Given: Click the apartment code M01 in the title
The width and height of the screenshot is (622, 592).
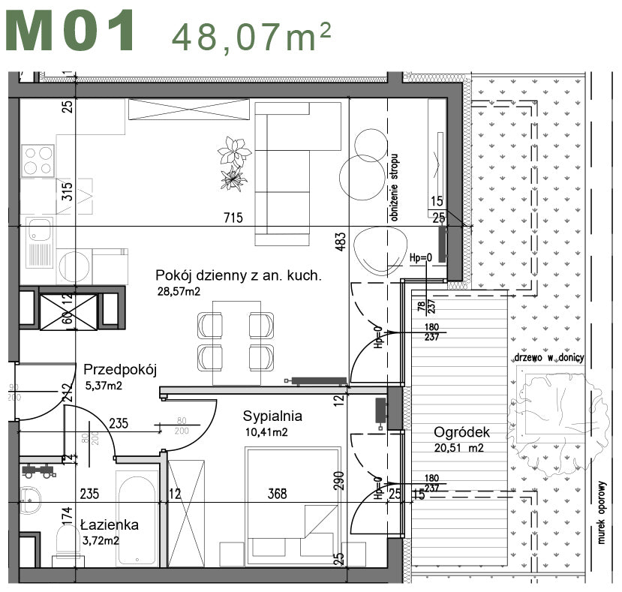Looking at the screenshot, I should (73, 32).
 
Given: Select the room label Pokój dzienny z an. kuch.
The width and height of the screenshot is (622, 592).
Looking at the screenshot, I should (238, 275).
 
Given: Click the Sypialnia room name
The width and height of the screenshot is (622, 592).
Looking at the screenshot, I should (272, 416).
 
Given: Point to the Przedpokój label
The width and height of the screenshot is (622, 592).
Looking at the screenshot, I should (119, 369).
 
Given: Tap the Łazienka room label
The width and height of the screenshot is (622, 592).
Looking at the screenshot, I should (109, 525).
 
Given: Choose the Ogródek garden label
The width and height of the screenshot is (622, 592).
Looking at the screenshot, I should (461, 432).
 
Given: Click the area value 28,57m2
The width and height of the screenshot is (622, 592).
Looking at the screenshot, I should (179, 292).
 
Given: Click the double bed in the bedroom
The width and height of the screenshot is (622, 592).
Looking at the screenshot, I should (293, 506).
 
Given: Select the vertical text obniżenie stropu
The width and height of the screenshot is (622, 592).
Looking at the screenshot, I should (394, 188).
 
